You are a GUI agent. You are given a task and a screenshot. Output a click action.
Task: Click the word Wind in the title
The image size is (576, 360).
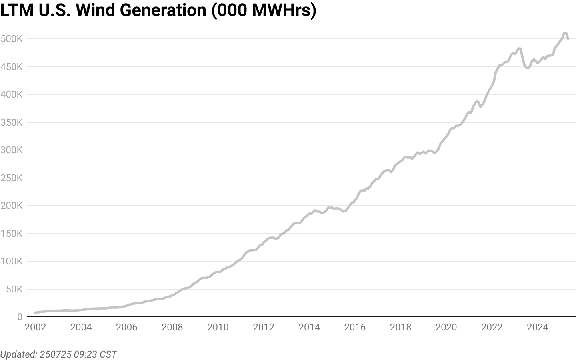[95, 10]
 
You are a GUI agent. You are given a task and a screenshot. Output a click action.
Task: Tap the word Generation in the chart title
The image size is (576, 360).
[163, 10]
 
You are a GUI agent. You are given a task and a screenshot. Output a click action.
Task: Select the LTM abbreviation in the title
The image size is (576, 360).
[17, 10]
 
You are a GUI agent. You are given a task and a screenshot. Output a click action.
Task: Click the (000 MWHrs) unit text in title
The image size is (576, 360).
[264, 11]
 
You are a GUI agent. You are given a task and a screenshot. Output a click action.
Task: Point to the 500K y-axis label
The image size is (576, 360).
[12, 39]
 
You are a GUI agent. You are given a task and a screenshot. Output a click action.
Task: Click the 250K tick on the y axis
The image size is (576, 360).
[12, 178]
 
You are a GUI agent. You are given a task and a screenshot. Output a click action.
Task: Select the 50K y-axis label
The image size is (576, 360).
[14, 289]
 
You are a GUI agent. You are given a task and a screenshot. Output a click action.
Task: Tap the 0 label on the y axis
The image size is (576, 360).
[20, 317]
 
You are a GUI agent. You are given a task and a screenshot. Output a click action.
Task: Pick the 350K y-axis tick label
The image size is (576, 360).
[12, 122]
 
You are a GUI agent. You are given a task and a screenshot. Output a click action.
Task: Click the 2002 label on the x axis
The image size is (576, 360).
[36, 327]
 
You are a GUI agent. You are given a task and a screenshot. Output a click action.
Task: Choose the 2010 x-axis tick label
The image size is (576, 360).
[218, 327]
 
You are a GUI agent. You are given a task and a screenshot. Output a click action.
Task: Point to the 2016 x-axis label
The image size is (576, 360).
[355, 327]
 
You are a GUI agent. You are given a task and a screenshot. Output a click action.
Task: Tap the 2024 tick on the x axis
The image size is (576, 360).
[538, 327]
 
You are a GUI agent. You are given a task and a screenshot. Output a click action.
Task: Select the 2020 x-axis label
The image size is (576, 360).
[446, 327]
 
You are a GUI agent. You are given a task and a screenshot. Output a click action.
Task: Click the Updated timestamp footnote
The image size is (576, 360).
[58, 354]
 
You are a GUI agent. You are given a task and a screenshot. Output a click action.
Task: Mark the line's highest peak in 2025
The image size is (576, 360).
[565, 33]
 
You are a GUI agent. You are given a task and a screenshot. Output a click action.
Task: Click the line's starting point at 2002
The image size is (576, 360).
[35, 313]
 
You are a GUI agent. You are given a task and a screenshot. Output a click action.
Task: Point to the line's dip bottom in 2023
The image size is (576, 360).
[528, 68]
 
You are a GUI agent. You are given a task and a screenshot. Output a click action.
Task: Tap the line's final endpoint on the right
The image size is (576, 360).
[568, 39]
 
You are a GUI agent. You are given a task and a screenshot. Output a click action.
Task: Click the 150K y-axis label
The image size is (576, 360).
[12, 234]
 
